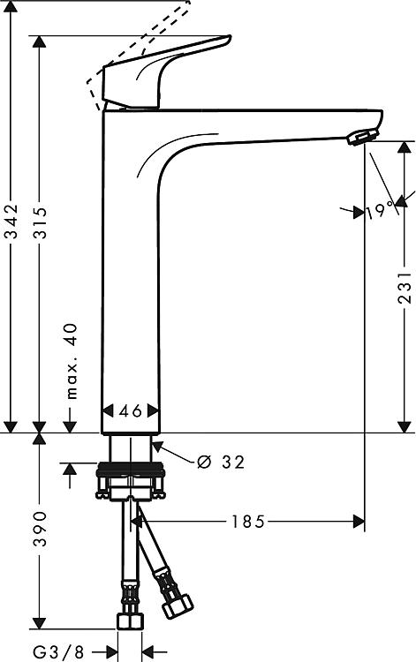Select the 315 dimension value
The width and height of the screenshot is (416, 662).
pyautogui.click(x=41, y=222)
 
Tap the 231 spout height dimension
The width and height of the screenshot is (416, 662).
pyautogui.click(x=405, y=288)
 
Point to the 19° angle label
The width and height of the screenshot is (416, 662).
pyautogui.click(x=379, y=210)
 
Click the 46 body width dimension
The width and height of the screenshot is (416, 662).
pyautogui.click(x=131, y=410)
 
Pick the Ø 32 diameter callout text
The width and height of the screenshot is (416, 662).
pyautogui.click(x=221, y=463)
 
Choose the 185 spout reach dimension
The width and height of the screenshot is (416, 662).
pyautogui.click(x=247, y=522)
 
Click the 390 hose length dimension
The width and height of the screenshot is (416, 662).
pyautogui.click(x=40, y=529)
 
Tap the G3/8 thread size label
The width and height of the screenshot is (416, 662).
pyautogui.click(x=58, y=652)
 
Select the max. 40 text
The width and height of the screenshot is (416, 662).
pyautogui.click(x=72, y=361)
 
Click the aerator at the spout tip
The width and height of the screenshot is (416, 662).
pyautogui.click(x=361, y=137)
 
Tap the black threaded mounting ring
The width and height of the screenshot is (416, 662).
pyautogui.click(x=131, y=469)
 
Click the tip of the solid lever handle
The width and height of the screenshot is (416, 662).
pyautogui.click(x=230, y=38)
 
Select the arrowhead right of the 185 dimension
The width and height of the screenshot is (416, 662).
pyautogui.click(x=359, y=522)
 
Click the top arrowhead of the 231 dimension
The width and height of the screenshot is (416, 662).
pyautogui.click(x=405, y=147)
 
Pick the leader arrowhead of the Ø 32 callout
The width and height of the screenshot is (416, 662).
pyautogui.click(x=157, y=447)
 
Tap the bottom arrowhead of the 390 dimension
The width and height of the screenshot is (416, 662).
pyautogui.click(x=39, y=623)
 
